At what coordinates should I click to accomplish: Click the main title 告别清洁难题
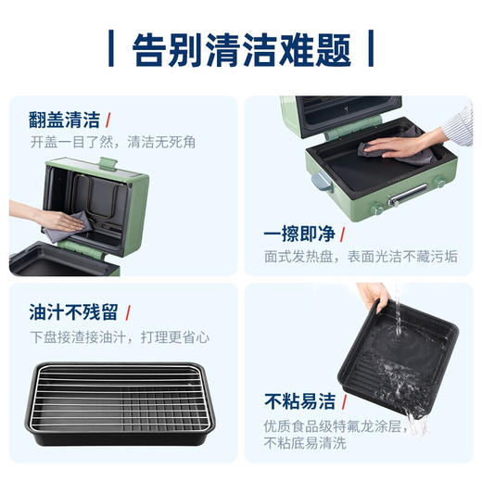click(x=241, y=48)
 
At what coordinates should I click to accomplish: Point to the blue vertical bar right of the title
click(x=370, y=48)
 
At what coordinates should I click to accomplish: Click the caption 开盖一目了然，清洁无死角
click(x=112, y=143)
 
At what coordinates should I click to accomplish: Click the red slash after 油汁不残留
click(x=126, y=311)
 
